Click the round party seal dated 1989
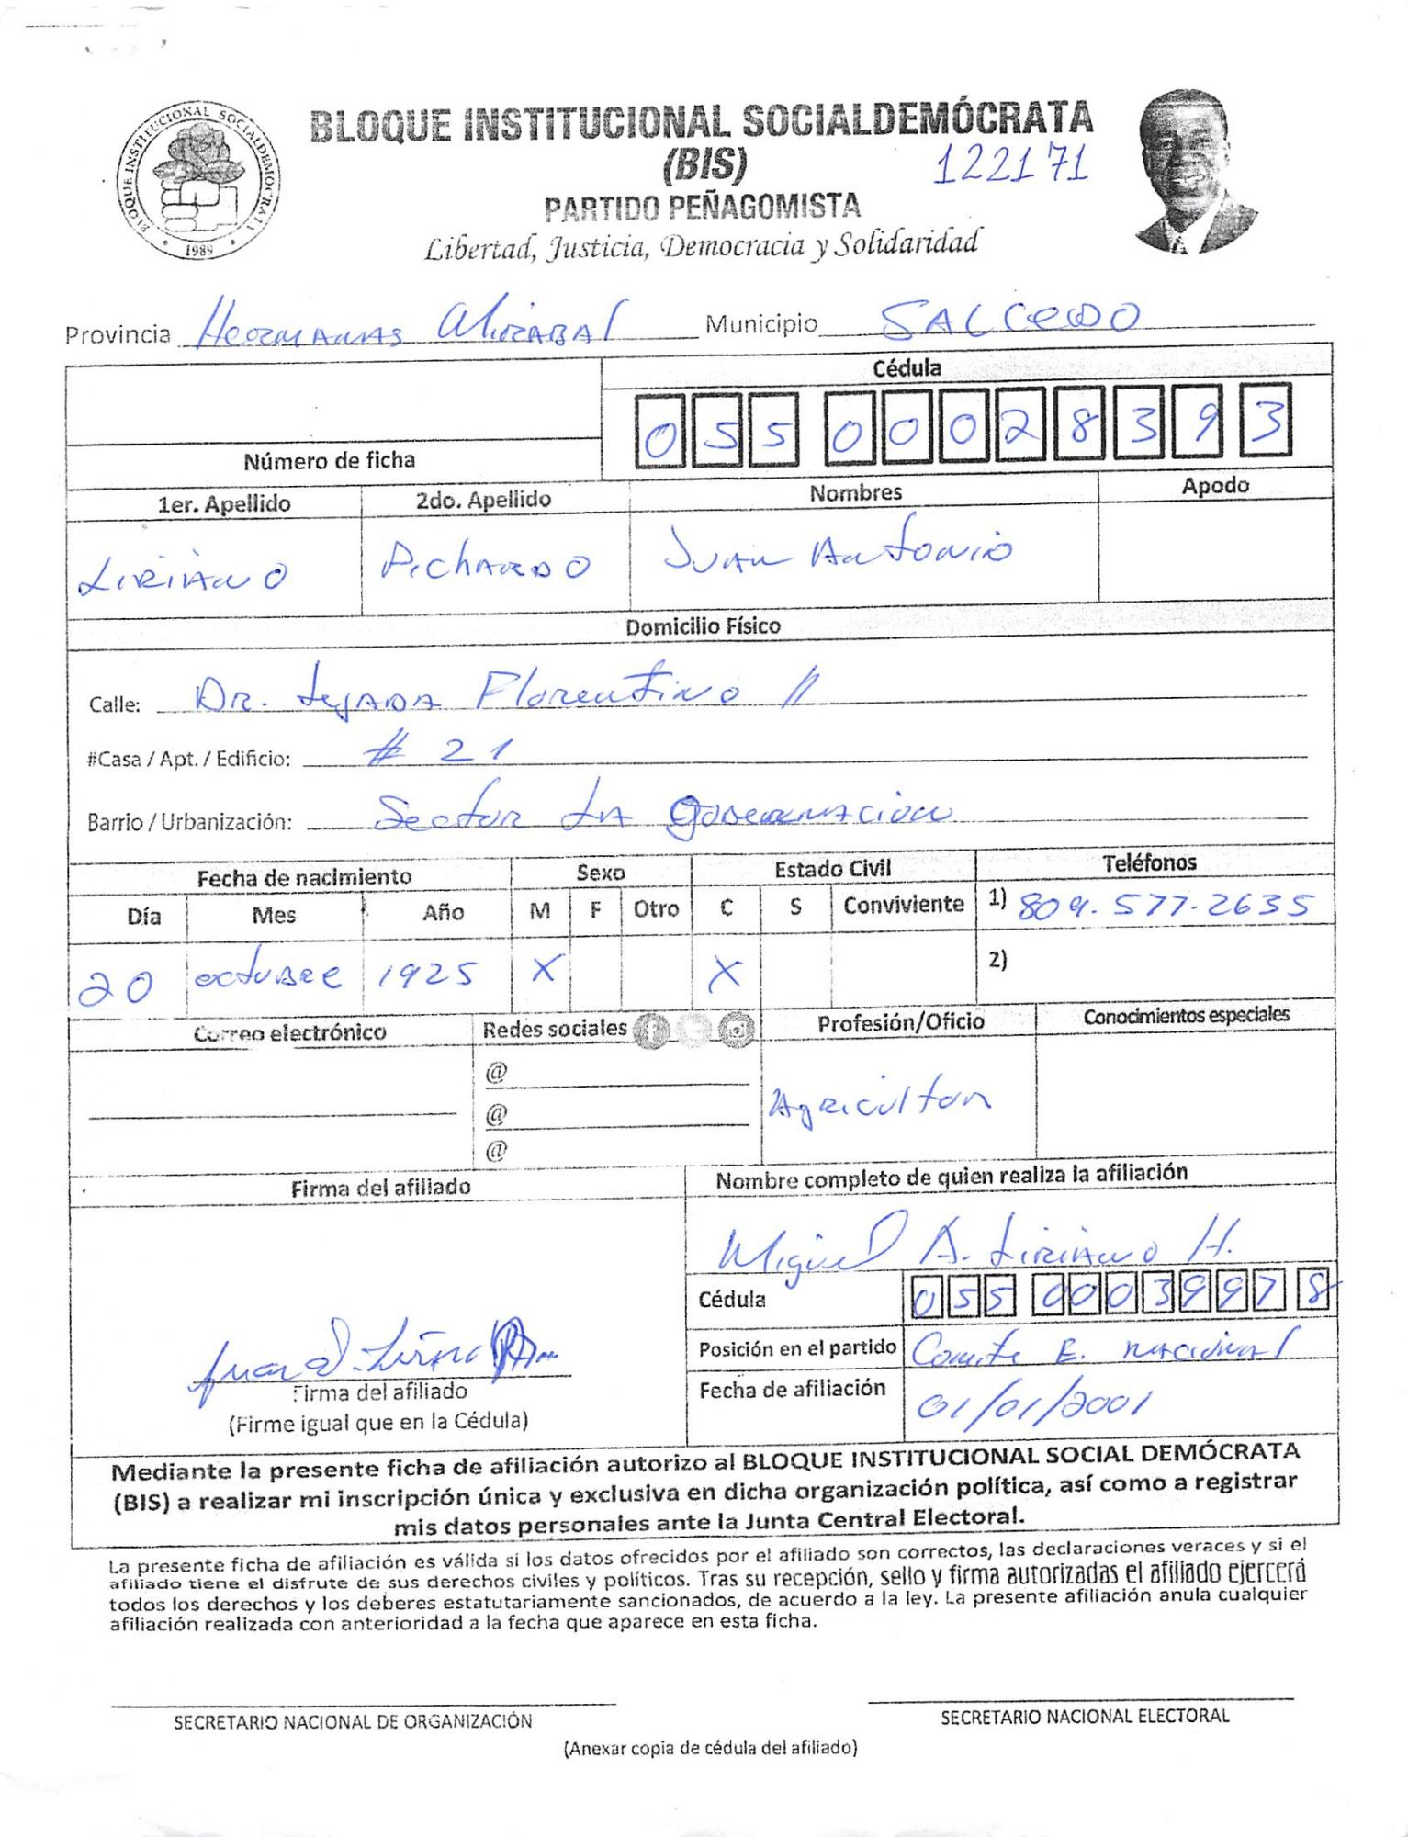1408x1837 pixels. pos(198,180)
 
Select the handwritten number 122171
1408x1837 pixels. pos(1011,165)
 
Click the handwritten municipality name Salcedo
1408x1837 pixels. pos(1008,319)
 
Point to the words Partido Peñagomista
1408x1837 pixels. pos(702,208)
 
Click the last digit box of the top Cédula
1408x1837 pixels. pos(1266,423)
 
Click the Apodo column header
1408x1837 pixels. pos(1214,485)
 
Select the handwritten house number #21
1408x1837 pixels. pos(437,752)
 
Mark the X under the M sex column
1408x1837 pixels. pos(544,969)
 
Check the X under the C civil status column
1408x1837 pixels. pos(725,973)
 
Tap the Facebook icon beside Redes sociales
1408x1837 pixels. pos(653,1031)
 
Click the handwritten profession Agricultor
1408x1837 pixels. pos(880,1099)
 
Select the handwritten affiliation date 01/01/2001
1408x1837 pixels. pos(1032,1403)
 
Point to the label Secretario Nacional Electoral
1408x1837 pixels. pos(1084,1716)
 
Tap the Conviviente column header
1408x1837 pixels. pos(903,905)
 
